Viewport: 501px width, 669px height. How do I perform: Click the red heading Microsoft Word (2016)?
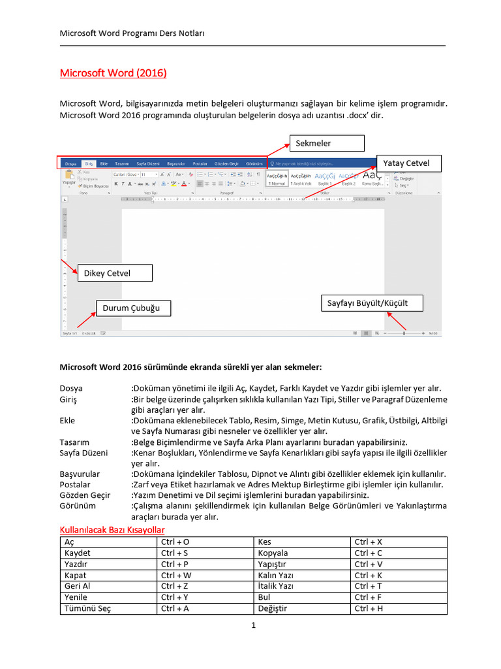click(113, 73)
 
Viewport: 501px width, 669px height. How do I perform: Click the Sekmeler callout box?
click(327, 143)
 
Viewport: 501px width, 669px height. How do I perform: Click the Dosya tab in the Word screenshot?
click(70, 163)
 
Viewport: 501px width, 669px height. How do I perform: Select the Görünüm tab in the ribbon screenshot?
click(254, 163)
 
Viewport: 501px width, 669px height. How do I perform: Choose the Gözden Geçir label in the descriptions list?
click(85, 495)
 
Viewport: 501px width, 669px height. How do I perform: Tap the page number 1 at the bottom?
click(253, 626)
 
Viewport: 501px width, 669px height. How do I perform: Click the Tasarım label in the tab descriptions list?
click(74, 442)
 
